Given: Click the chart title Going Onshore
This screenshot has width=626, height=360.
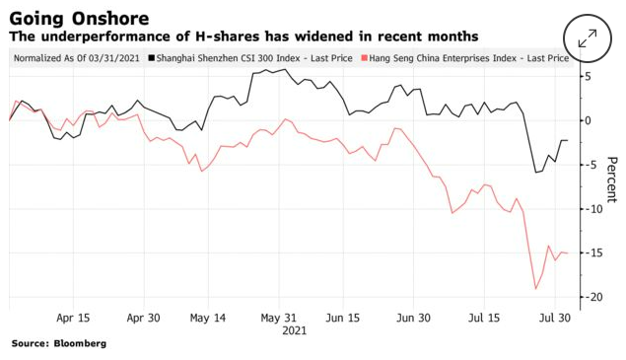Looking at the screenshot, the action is [79, 19].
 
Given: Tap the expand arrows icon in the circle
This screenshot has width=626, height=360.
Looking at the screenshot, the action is [588, 38].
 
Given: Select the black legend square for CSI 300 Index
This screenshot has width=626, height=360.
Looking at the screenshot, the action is [151, 58].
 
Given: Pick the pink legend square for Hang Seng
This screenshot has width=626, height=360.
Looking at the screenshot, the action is [364, 58].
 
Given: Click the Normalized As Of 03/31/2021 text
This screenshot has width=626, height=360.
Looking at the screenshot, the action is [77, 58].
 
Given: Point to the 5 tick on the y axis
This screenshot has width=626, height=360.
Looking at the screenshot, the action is [589, 76].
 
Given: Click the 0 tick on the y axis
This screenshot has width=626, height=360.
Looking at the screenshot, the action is [589, 120].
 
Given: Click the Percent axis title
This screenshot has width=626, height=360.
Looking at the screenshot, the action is [611, 180].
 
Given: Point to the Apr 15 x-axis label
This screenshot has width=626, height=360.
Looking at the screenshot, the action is [73, 318].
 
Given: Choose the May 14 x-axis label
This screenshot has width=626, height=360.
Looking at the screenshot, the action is [208, 318].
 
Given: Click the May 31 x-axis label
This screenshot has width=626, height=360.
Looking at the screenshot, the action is [279, 318].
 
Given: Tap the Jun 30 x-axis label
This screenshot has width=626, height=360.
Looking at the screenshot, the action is [413, 318].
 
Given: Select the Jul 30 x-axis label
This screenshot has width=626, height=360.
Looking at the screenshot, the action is [555, 318].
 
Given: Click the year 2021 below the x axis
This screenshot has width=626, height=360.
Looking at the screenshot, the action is [294, 330].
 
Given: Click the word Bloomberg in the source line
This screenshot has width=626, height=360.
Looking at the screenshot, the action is [80, 343].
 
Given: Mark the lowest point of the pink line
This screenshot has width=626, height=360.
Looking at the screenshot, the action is [535, 288].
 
